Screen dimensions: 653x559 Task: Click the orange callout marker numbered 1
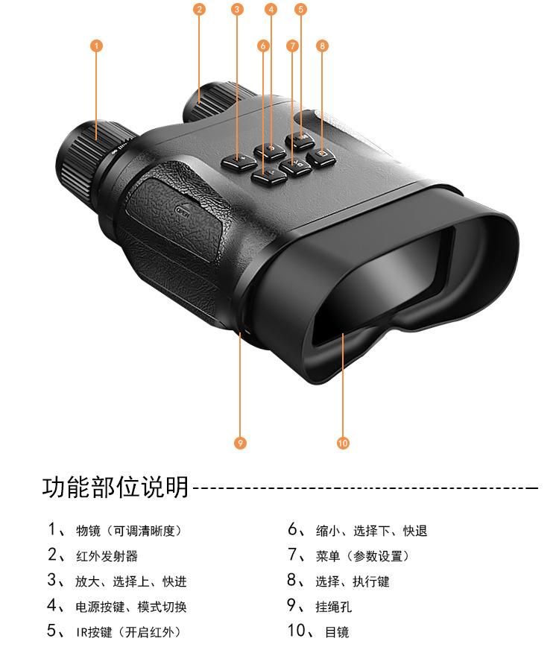point(95,46)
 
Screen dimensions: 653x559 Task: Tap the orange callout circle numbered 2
point(198,10)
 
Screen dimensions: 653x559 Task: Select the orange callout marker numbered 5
point(300,10)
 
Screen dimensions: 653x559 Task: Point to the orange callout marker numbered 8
point(322,46)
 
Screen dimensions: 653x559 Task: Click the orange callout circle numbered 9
point(239,443)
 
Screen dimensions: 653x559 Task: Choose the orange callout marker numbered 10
point(343,443)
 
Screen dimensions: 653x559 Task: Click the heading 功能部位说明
point(115,488)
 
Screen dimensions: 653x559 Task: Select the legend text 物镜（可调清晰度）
point(128,531)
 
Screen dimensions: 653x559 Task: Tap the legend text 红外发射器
point(107,556)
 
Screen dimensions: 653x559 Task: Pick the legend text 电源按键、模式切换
point(131,607)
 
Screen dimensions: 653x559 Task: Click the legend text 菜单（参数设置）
point(368,556)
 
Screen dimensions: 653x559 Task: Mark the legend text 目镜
point(337,633)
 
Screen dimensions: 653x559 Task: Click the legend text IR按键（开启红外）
point(128,633)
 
